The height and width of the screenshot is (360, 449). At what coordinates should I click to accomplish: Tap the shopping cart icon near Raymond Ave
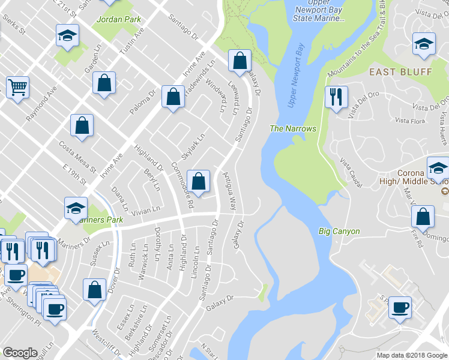click(x=17, y=88)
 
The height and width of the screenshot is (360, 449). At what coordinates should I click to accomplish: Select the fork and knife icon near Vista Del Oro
click(x=336, y=96)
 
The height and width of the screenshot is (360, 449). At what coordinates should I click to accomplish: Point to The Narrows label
click(x=293, y=128)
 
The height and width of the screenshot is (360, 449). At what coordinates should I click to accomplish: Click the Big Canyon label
click(x=339, y=231)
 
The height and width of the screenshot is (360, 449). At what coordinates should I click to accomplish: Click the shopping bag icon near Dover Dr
click(x=95, y=290)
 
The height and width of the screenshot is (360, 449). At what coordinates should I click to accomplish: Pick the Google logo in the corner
click(x=20, y=353)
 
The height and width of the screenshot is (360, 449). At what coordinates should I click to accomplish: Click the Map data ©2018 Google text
click(x=412, y=355)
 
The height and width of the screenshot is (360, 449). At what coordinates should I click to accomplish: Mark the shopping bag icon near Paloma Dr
click(x=173, y=98)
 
